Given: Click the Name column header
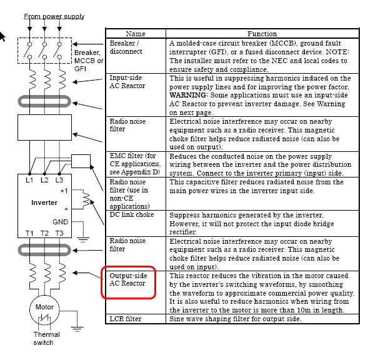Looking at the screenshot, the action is point(136,34).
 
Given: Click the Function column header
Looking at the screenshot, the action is point(262,34).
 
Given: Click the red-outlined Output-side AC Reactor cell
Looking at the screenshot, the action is point(129,282).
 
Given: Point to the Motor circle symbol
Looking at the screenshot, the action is point(44,310).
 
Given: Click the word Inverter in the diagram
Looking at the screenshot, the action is point(44,202).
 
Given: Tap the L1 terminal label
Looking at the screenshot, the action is point(29,180).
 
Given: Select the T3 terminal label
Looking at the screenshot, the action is point(59,233).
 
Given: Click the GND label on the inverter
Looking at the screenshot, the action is point(60,222).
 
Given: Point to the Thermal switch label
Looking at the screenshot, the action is point(46,338).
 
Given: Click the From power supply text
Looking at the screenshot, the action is point(54,16).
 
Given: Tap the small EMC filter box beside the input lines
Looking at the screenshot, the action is point(81,161).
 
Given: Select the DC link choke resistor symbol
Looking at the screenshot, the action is point(86,199).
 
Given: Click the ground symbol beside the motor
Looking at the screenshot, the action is point(77,329).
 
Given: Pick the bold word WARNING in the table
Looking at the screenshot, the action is point(187,95).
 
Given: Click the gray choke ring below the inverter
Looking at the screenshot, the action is point(44,250).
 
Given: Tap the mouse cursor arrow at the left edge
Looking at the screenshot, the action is point(2,36).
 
